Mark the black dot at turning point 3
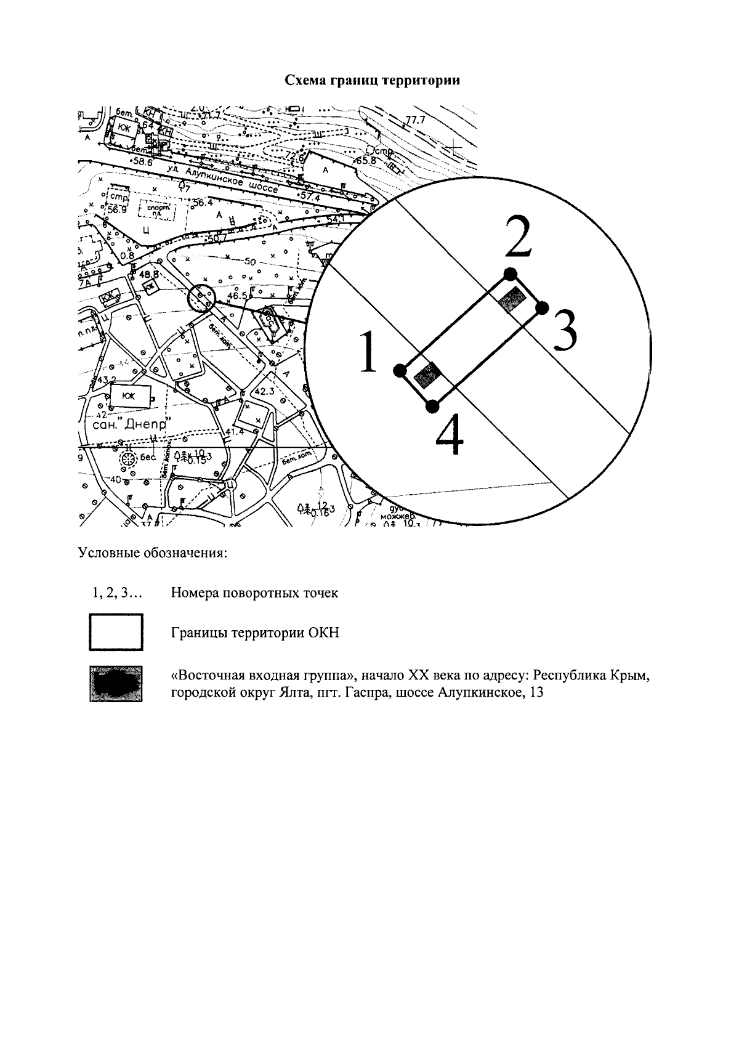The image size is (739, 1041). [542, 307]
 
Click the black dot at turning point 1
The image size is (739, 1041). [399, 370]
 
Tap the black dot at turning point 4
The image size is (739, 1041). [432, 405]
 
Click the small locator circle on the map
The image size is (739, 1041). [200, 299]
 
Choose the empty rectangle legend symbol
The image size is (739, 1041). [116, 632]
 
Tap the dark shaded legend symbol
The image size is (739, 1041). [116, 683]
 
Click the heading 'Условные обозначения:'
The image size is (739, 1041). [153, 553]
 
